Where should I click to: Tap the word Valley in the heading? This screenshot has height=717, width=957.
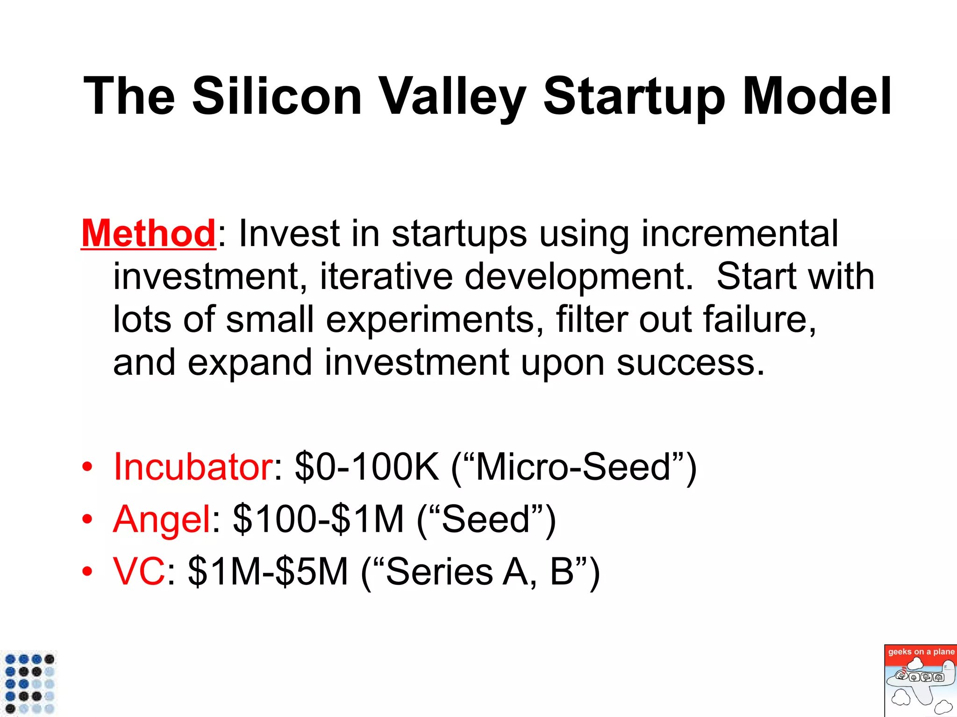coord(452,96)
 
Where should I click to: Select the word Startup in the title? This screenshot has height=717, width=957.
coord(634,96)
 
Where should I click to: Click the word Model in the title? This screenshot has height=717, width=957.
coord(817,96)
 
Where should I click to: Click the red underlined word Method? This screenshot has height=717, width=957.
coord(148,233)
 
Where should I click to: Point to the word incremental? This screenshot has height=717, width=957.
coord(740,233)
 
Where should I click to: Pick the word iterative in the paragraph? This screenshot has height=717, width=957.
coord(386,276)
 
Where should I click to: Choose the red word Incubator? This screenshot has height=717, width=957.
coord(193,467)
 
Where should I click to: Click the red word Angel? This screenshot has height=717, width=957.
coord(162,519)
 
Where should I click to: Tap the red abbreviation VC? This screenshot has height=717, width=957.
coord(139,571)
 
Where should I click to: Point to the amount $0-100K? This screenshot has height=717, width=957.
coord(367,467)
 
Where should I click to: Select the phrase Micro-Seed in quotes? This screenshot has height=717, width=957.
coord(573,467)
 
